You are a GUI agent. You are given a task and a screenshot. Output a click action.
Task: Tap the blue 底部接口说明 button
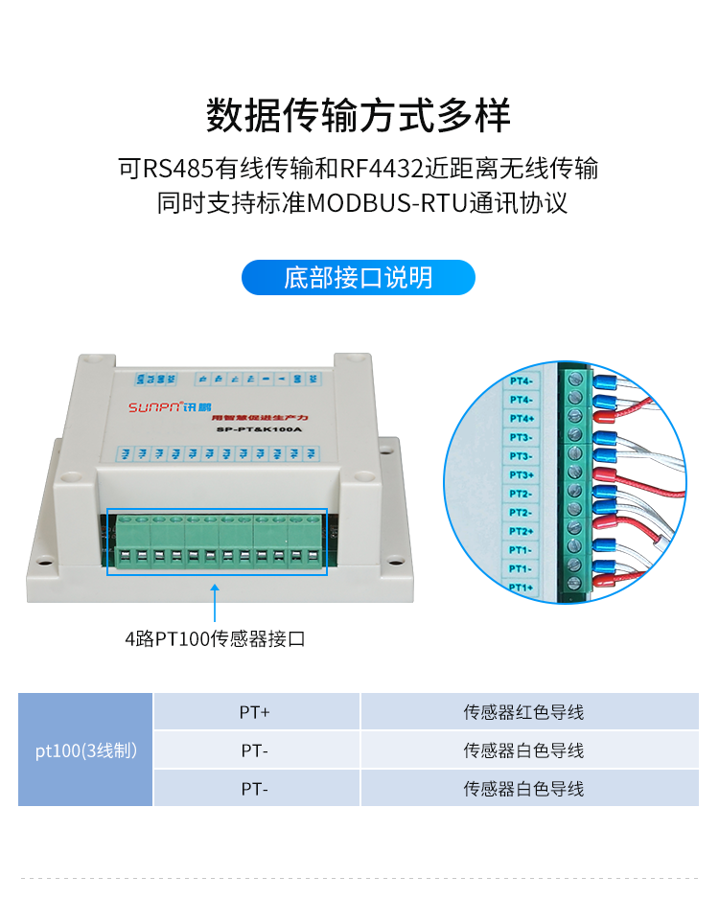358,278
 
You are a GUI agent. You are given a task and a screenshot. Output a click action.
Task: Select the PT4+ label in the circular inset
521,419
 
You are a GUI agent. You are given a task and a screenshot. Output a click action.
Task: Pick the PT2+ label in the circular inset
521,531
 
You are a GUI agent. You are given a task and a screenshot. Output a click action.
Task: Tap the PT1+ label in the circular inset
521,587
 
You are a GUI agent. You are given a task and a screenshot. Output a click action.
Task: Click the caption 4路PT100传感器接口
215,638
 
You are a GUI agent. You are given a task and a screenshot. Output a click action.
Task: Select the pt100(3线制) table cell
85,750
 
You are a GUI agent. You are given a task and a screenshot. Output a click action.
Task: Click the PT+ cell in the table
255,712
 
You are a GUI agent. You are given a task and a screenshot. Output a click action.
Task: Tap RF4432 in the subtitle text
381,170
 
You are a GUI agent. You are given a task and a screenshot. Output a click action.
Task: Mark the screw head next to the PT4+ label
575,417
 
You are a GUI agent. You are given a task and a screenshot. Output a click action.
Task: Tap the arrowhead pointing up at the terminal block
215,587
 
